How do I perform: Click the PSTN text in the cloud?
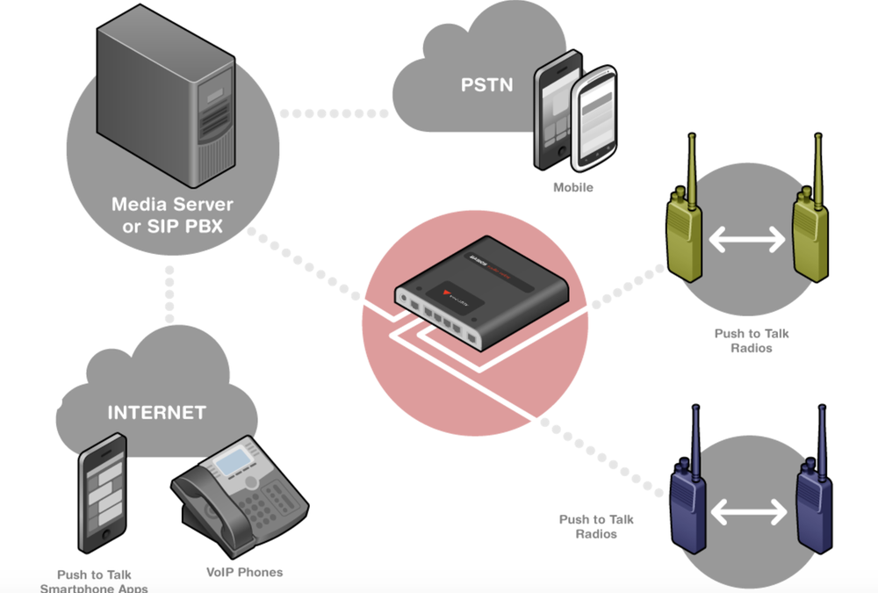coord(486,85)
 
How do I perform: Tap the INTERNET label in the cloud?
coord(156,412)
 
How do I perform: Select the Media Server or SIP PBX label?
coord(172,214)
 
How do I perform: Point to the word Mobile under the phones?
coord(572,187)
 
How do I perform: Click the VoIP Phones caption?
coord(244,572)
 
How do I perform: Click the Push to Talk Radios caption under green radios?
coord(751,341)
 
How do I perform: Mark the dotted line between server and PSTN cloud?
coord(334,113)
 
